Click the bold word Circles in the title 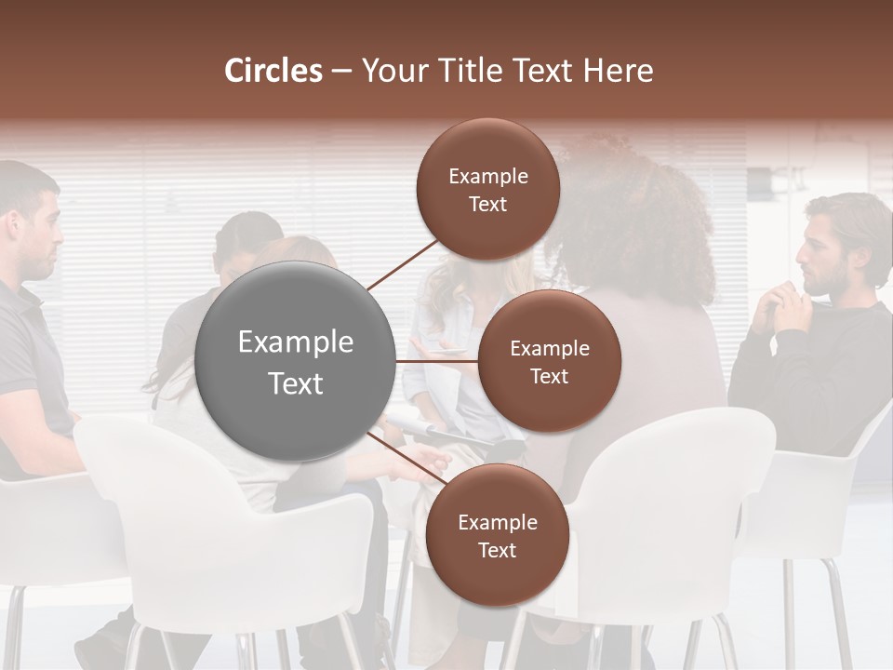[273, 71]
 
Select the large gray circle [295, 361]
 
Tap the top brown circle [488, 189]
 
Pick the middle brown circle [550, 361]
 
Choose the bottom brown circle [497, 535]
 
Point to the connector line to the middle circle [436, 361]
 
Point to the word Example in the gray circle [295, 342]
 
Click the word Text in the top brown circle [488, 204]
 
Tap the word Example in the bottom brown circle [497, 522]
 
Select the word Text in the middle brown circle [550, 376]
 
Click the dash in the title [340, 72]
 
